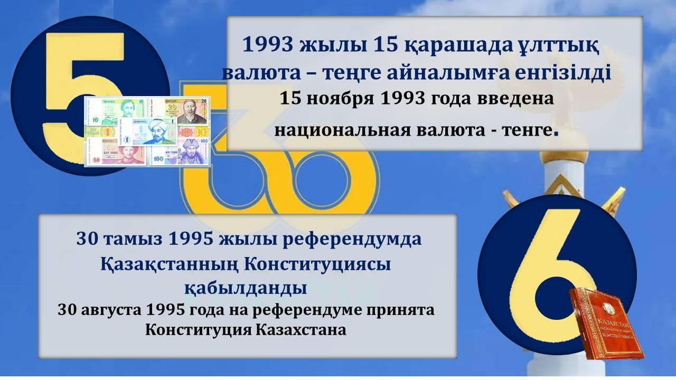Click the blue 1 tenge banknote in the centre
point(149,131)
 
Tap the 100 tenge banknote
point(180,151)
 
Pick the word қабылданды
point(246,288)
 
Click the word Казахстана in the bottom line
point(301,330)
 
